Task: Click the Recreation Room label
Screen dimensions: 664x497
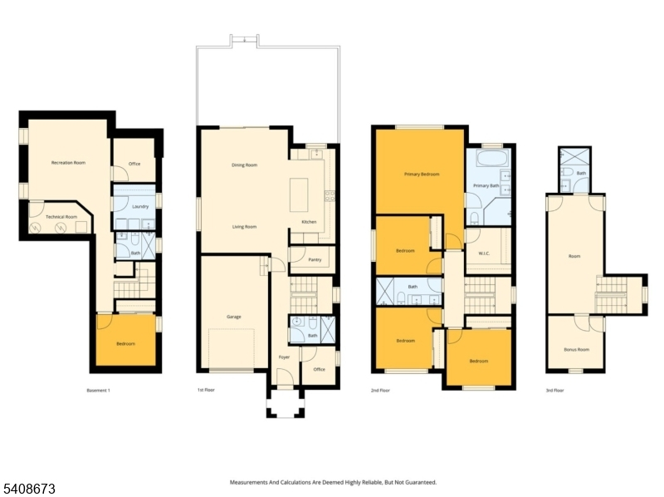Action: coord(68,162)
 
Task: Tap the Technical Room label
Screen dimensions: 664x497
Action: coord(61,217)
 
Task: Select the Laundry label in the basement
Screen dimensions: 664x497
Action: coord(140,206)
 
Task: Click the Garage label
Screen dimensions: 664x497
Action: coord(234,317)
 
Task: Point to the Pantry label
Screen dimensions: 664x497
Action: coord(315,259)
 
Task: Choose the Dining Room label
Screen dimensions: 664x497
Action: coord(244,165)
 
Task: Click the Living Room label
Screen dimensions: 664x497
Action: coord(244,227)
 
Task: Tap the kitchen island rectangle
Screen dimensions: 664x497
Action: coord(299,194)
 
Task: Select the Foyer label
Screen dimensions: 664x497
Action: coord(284,357)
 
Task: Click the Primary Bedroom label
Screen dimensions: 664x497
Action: coord(422,174)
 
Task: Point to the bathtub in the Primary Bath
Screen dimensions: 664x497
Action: coord(492,158)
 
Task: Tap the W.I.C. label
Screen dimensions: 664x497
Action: coord(484,253)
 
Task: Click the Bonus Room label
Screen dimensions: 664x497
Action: coord(576,349)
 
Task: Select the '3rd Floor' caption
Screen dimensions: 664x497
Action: coord(554,390)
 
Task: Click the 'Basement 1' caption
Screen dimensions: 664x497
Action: coord(98,390)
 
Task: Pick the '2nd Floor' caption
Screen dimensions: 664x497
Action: coord(380,390)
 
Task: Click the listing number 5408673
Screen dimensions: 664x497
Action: coord(28,489)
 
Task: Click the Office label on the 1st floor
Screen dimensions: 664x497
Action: coord(320,369)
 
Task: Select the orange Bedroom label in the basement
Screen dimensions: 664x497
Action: coord(126,343)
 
